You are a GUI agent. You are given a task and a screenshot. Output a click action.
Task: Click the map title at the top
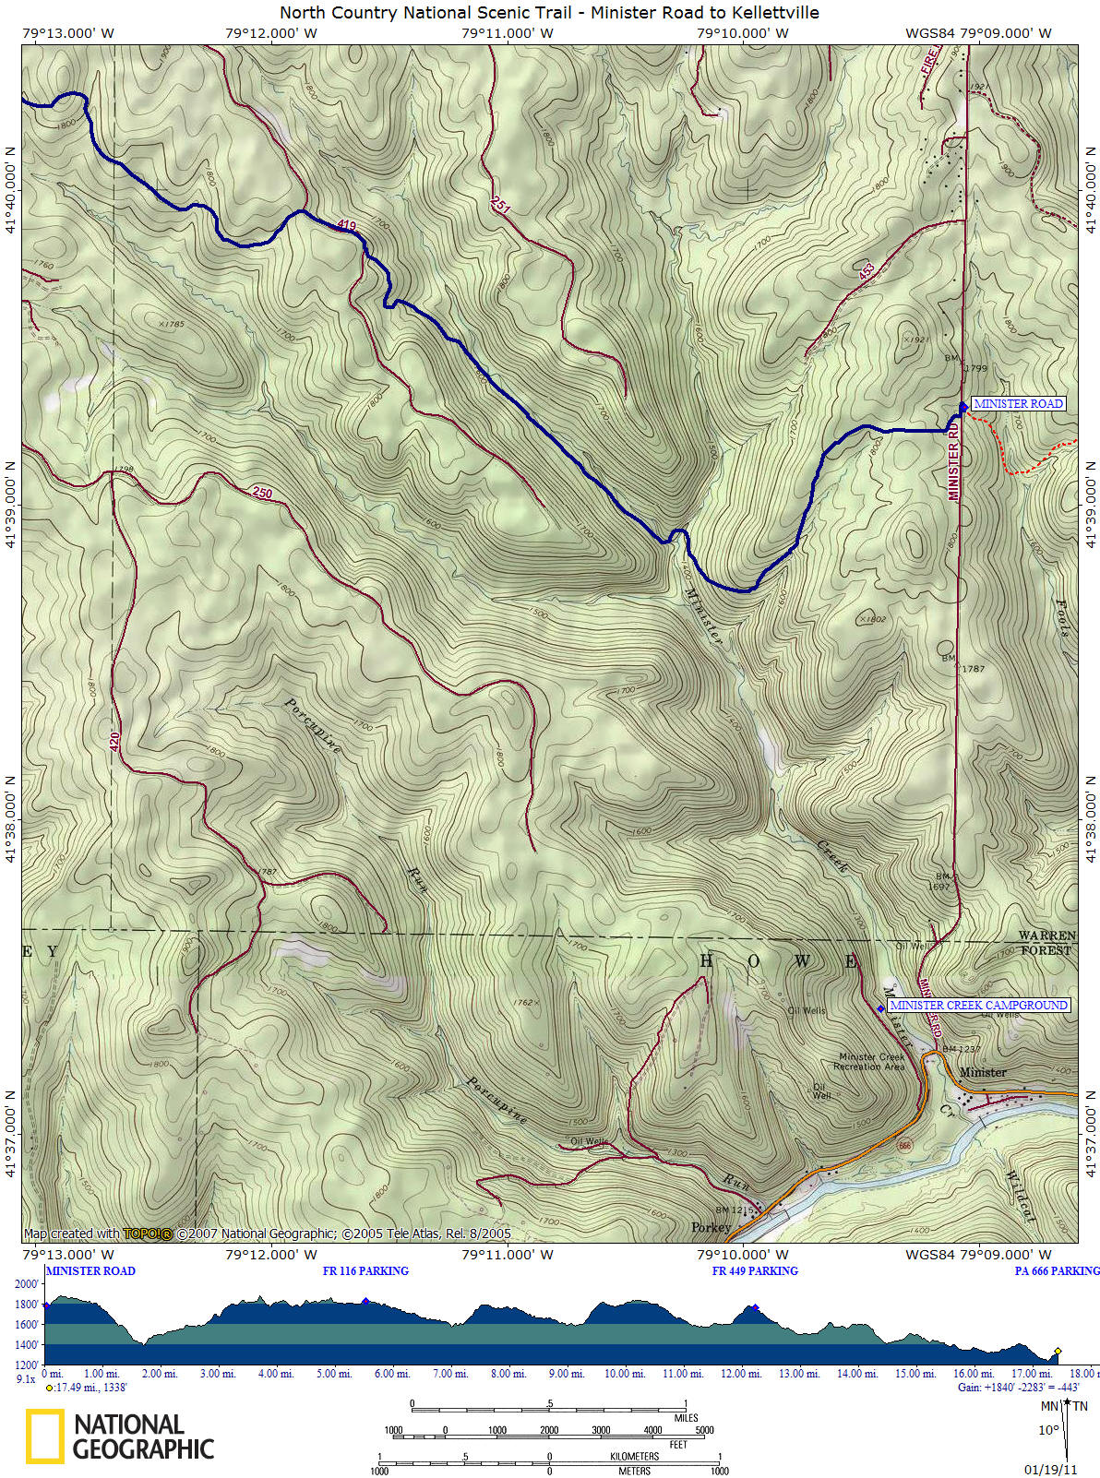point(549,13)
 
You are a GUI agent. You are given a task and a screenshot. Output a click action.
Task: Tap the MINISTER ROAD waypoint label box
point(1018,403)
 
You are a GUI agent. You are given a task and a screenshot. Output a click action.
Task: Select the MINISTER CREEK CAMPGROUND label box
point(978,1005)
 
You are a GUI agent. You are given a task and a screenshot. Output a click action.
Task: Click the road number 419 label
point(346,225)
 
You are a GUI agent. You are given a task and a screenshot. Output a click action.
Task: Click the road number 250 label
point(262,493)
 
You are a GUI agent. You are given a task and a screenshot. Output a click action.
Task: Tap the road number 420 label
point(115,740)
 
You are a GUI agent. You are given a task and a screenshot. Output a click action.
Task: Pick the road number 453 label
point(866,270)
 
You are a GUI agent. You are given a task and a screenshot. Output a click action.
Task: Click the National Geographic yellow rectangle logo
point(44,1436)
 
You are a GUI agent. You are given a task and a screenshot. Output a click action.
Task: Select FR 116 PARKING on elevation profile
point(365,1270)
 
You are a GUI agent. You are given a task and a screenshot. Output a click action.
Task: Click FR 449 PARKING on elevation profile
point(755,1270)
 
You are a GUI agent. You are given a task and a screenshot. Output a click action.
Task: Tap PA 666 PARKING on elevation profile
point(1057,1270)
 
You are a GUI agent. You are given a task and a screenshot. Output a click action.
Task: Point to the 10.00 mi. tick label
point(624,1374)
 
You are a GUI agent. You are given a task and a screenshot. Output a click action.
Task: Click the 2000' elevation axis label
point(27,1284)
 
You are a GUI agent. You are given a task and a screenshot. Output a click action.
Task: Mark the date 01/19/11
point(1050,1469)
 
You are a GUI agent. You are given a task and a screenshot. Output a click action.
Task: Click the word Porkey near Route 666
point(711,1227)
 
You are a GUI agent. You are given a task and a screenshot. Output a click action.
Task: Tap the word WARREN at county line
point(1046,936)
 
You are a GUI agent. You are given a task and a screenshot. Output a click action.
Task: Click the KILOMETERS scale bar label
point(634,1456)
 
